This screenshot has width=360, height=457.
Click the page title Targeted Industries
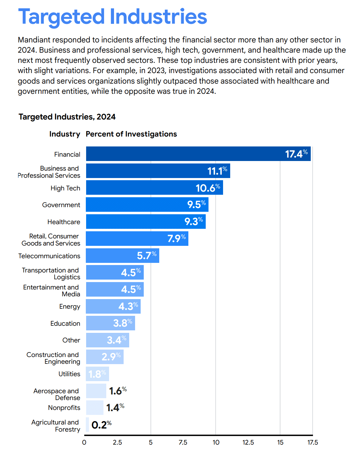112,17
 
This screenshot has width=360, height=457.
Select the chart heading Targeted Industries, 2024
67,117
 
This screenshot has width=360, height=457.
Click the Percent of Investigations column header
131,134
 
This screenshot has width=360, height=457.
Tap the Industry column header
64,134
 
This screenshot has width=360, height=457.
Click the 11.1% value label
217,171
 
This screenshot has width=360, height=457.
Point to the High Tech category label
65,188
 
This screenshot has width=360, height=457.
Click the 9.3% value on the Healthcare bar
194,221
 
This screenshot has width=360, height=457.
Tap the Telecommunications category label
49,256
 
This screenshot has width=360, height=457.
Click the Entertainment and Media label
51,290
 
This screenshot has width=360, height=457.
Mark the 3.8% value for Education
122,323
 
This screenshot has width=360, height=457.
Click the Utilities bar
97,374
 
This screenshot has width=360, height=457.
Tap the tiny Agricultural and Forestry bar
87,424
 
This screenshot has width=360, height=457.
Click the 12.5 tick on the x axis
248,442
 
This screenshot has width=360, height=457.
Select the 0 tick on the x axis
84,442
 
